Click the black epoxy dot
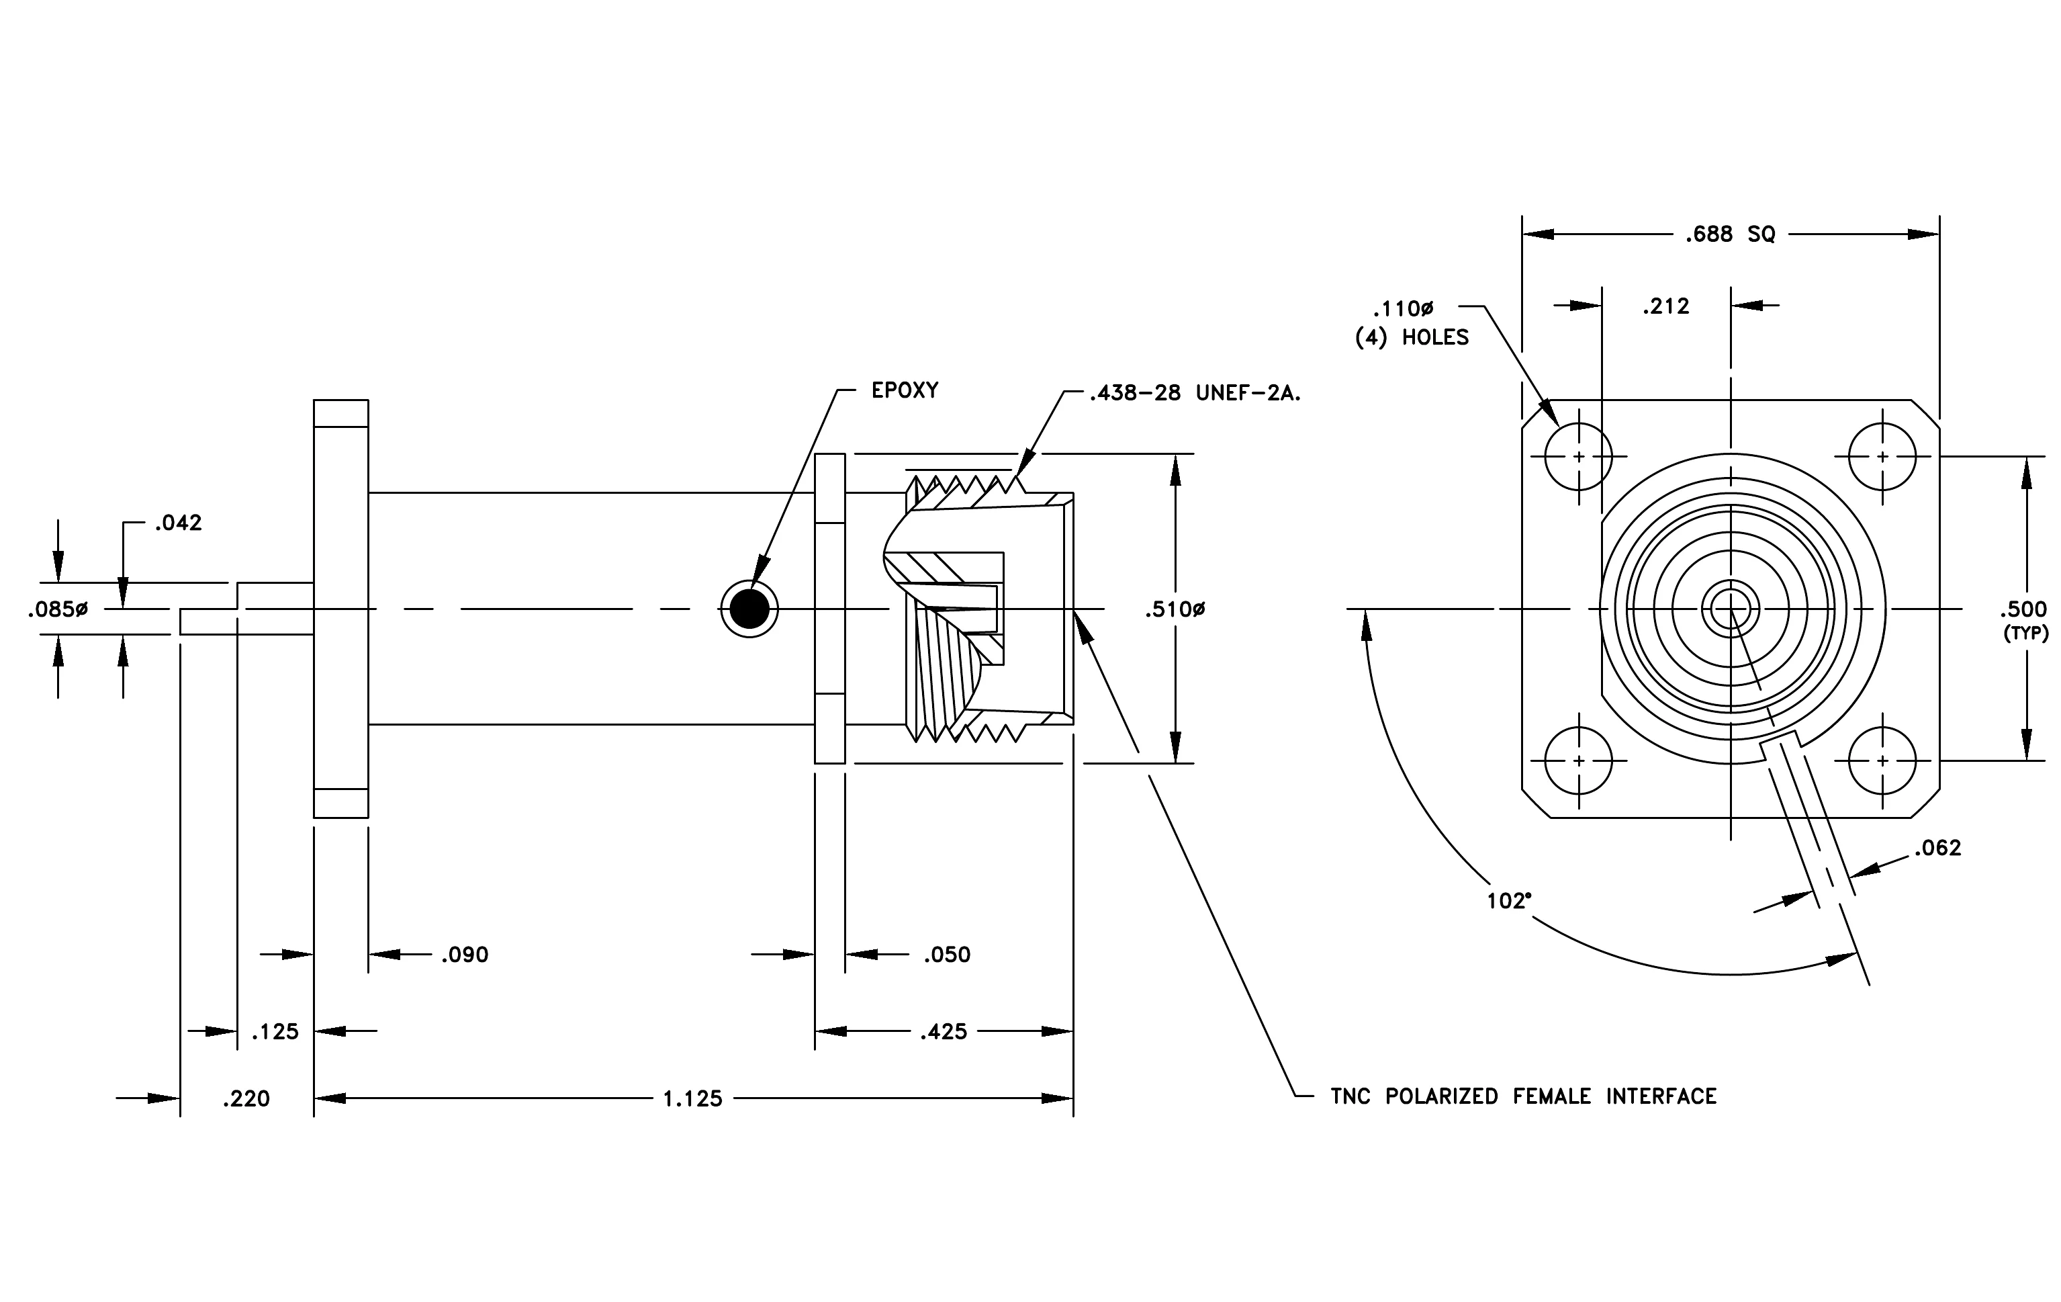coord(749,609)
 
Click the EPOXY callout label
coord(905,390)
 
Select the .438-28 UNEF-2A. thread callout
coord(1195,394)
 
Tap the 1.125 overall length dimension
coord(692,1098)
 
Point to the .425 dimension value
coord(944,1031)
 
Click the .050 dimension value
coord(947,955)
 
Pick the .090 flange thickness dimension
coord(465,955)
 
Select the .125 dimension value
coord(275,1031)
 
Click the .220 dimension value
coord(246,1098)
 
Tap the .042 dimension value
coord(178,523)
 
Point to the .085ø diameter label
coord(57,609)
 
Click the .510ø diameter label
coord(1175,609)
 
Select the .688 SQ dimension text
coord(1730,234)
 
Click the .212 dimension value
coord(1665,306)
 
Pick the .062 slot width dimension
coord(1937,847)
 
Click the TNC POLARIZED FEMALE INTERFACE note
coord(1524,1096)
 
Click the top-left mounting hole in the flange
coord(1578,456)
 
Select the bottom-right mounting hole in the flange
coord(1882,760)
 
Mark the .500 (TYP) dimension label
coord(2023,621)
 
